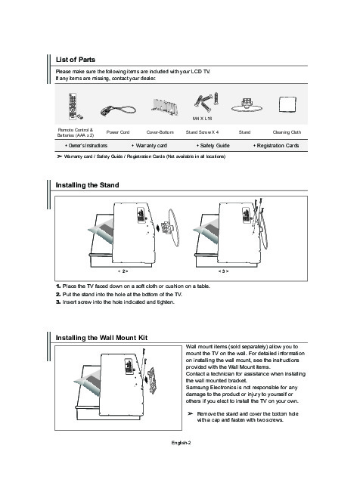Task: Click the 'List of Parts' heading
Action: click(x=75, y=60)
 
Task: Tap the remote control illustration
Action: click(x=75, y=107)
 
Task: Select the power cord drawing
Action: click(x=118, y=110)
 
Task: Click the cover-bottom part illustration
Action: click(x=164, y=107)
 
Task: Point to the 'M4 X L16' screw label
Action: click(x=202, y=119)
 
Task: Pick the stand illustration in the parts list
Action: click(x=247, y=106)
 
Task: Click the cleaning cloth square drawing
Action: click(x=287, y=104)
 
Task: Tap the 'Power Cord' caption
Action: click(x=118, y=132)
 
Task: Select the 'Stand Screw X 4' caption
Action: click(x=202, y=132)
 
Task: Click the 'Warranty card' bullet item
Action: click(x=150, y=146)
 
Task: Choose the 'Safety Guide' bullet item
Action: click(x=213, y=146)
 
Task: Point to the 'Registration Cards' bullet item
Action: click(x=276, y=146)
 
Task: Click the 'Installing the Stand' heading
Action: click(x=87, y=185)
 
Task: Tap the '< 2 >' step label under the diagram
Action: click(x=123, y=271)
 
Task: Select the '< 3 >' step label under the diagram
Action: click(x=223, y=271)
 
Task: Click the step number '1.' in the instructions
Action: click(x=58, y=286)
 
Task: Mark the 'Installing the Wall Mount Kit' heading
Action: click(x=101, y=338)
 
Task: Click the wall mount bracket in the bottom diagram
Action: click(x=152, y=380)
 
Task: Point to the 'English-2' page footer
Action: click(x=181, y=443)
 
